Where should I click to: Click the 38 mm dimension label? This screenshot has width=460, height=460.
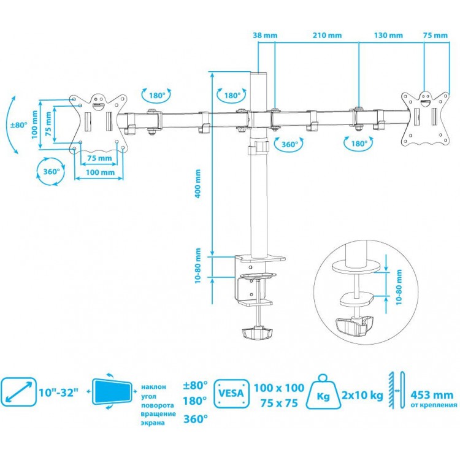point(265,36)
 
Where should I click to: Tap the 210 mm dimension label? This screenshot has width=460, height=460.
point(327,36)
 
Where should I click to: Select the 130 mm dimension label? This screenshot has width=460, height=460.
point(388,36)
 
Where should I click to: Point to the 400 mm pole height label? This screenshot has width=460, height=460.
point(198,183)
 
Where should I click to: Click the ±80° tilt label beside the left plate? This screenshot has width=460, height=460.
point(19,125)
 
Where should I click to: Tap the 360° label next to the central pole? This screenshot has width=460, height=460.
point(289,144)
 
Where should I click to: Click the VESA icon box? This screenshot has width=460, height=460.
point(231,394)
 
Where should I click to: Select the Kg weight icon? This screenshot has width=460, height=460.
point(323,392)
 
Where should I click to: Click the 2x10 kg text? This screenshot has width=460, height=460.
point(362,395)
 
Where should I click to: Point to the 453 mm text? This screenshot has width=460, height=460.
point(432,395)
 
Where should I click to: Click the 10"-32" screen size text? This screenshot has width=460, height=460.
point(59,393)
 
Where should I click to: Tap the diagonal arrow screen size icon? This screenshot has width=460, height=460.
point(18,392)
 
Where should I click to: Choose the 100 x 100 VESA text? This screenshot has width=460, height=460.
point(279,388)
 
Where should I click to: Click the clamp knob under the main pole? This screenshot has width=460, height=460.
point(257,334)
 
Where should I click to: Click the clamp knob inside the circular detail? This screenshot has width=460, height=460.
point(355,326)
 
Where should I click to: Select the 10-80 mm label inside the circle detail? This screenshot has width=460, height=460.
point(399,288)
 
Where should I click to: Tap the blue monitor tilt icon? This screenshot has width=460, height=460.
point(112,391)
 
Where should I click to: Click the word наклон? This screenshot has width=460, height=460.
point(154,387)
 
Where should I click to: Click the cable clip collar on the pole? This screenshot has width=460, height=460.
point(258,147)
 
